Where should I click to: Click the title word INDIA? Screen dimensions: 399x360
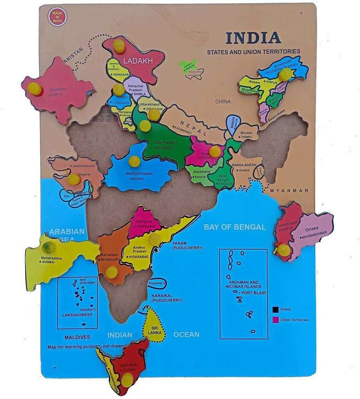tap(253, 38)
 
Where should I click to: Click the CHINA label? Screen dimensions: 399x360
tap(223, 102)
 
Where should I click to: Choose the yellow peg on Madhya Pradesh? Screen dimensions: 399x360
tap(134, 162)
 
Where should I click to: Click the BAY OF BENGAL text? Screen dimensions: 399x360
tap(235, 227)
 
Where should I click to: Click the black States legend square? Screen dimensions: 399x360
tap(275, 309)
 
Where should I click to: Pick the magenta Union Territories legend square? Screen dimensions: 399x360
tap(275, 319)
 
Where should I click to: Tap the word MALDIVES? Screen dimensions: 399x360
tap(77, 337)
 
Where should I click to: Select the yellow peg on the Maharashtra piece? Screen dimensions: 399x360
tap(49, 247)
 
